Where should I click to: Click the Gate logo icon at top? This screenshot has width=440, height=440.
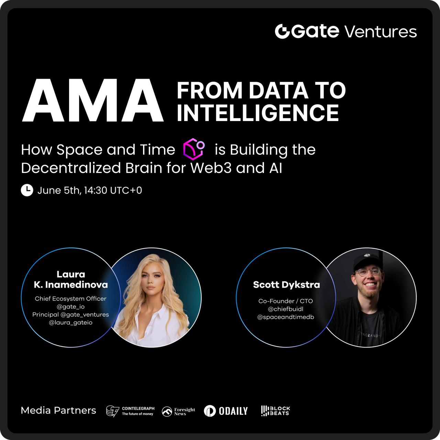point(282,31)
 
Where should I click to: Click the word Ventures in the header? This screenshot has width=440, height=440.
point(381,32)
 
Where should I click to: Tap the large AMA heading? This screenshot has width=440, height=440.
point(93,100)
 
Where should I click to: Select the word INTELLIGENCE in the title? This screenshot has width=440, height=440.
point(258,112)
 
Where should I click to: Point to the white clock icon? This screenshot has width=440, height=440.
point(27,190)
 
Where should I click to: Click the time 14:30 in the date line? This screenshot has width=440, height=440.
point(96,190)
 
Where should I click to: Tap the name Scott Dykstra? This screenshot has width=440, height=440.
point(286,285)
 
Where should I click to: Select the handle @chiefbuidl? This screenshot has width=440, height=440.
point(286,309)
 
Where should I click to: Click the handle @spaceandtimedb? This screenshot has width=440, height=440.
point(286,317)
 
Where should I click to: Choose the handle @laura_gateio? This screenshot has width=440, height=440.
point(70,322)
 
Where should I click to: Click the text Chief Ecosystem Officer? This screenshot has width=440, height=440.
point(70,298)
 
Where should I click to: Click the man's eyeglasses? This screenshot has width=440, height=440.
point(368,272)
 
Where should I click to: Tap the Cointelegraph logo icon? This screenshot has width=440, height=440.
point(112,411)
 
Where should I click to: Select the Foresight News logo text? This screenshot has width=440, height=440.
point(185,411)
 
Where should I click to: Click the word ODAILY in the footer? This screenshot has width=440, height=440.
point(233,411)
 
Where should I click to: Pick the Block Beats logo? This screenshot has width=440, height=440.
point(275,411)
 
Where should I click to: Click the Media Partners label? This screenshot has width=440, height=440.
point(58,410)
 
